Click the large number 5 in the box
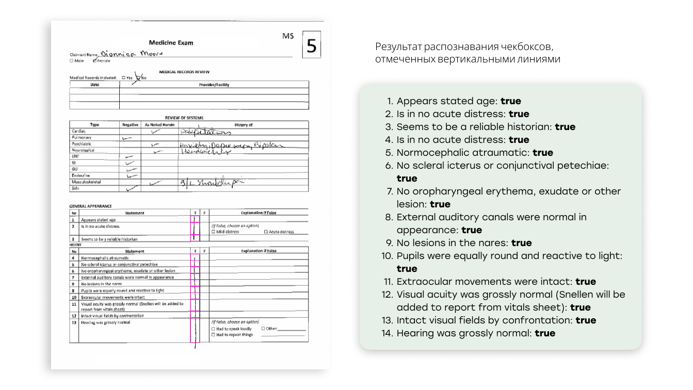pyautogui.click(x=311, y=46)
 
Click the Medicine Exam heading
pyautogui.click(x=171, y=43)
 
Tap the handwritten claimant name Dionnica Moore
pyautogui.click(x=131, y=53)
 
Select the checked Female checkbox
pyautogui.click(x=95, y=61)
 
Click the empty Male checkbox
pyautogui.click(x=71, y=61)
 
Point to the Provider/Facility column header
pyautogui.click(x=214, y=85)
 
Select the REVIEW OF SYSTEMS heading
pyautogui.click(x=184, y=118)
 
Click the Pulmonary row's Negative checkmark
pyautogui.click(x=127, y=138)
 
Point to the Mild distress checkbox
pyautogui.click(x=214, y=232)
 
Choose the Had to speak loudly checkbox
pyautogui.click(x=214, y=329)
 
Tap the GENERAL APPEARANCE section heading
pyautogui.click(x=90, y=206)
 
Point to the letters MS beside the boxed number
pyautogui.click(x=288, y=36)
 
